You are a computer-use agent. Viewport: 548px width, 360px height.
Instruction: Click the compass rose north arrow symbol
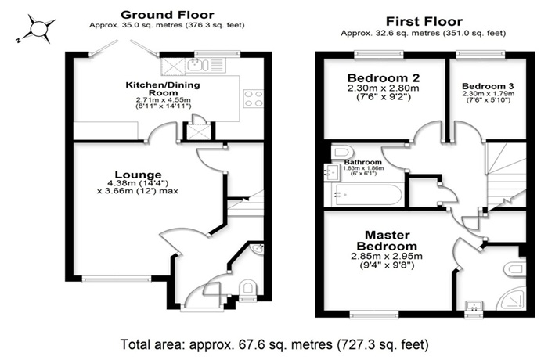pos(38,29)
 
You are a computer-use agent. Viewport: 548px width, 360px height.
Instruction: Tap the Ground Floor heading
pos(167,15)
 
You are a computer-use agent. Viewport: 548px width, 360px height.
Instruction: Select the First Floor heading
pos(424,22)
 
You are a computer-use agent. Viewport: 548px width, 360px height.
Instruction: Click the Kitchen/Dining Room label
pos(163,88)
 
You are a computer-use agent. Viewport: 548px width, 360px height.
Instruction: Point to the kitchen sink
pos(197,65)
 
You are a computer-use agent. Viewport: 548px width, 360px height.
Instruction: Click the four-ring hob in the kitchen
pos(254,98)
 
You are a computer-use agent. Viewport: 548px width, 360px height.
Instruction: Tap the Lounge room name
pos(139,175)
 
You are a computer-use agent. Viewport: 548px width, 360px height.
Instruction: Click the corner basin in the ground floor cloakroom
pos(258,249)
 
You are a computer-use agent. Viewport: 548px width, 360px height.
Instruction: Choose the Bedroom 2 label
pos(384,77)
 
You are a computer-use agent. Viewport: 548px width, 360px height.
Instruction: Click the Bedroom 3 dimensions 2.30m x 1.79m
pos(489,94)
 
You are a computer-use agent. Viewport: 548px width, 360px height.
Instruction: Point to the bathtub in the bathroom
pos(364,195)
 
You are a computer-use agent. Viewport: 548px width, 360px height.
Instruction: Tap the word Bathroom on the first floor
pos(362,162)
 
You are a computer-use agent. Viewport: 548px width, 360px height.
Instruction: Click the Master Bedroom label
pos(387,240)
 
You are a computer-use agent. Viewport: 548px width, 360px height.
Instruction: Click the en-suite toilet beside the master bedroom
pos(515,269)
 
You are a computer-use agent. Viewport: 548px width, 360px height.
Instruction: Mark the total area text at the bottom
pos(274,344)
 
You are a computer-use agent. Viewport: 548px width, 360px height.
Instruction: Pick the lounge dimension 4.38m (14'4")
pos(139,183)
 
